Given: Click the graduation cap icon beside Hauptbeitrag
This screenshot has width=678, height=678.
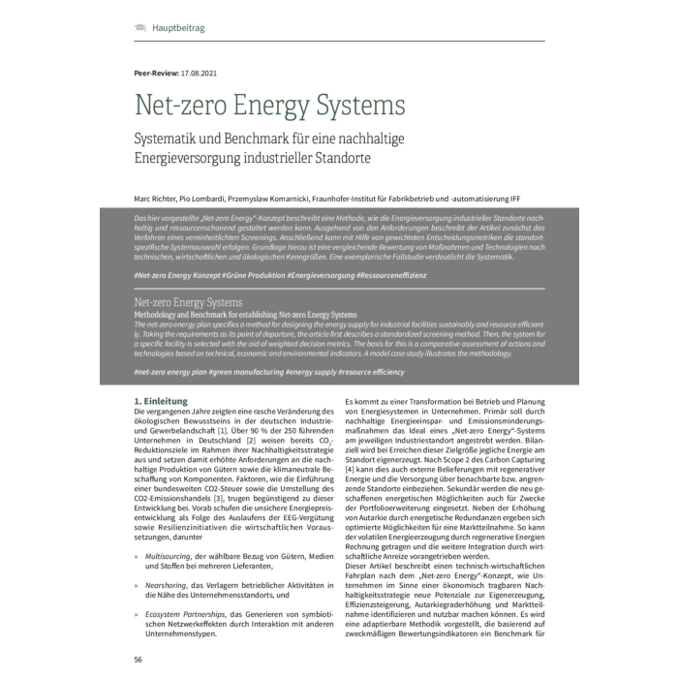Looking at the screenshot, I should click(139, 29).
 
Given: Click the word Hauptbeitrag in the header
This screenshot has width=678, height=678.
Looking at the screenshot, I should click(178, 29).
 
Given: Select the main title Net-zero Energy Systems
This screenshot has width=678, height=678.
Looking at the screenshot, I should click(269, 106).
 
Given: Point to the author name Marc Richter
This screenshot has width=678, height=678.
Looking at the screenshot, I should click(158, 198).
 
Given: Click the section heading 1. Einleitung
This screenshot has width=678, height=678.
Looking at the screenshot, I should click(166, 400).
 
